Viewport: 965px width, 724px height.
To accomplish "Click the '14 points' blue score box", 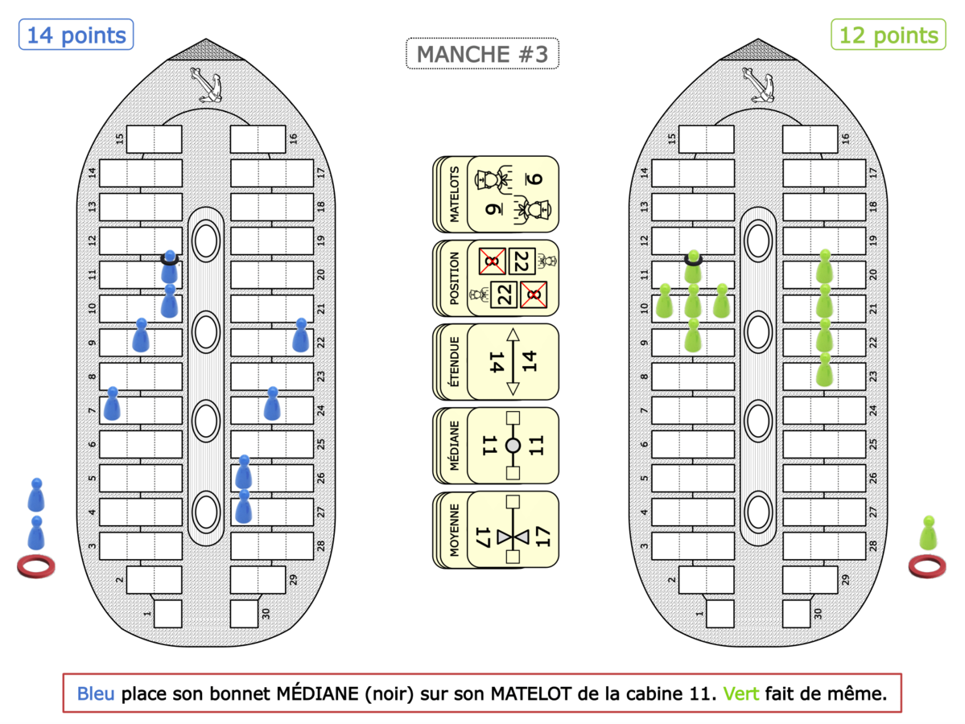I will pyautogui.click(x=76, y=35).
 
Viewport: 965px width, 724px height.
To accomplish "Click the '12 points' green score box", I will pyautogui.click(x=888, y=35).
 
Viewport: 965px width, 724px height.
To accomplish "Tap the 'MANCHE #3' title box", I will pyautogui.click(x=482, y=55).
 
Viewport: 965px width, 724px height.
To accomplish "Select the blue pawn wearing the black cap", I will pyautogui.click(x=169, y=269).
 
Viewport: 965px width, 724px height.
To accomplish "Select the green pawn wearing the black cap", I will pyautogui.click(x=692, y=269).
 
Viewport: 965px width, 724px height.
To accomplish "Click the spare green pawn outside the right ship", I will pyautogui.click(x=928, y=533).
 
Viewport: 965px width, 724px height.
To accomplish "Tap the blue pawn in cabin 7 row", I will pyautogui.click(x=113, y=404).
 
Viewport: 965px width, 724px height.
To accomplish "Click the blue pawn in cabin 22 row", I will pyautogui.click(x=301, y=335).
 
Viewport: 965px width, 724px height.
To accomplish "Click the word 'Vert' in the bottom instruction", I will pyautogui.click(x=740, y=693).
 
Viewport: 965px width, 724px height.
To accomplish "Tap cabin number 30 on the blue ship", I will pyautogui.click(x=243, y=613).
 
